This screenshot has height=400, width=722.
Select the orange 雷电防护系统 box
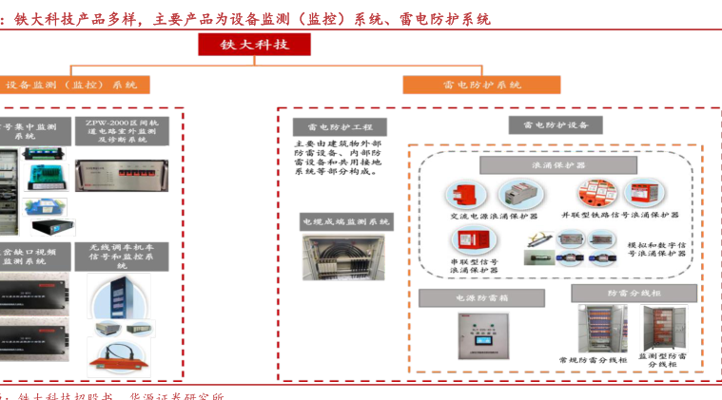[x=481, y=85]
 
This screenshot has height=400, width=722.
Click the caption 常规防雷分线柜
[x=593, y=361]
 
